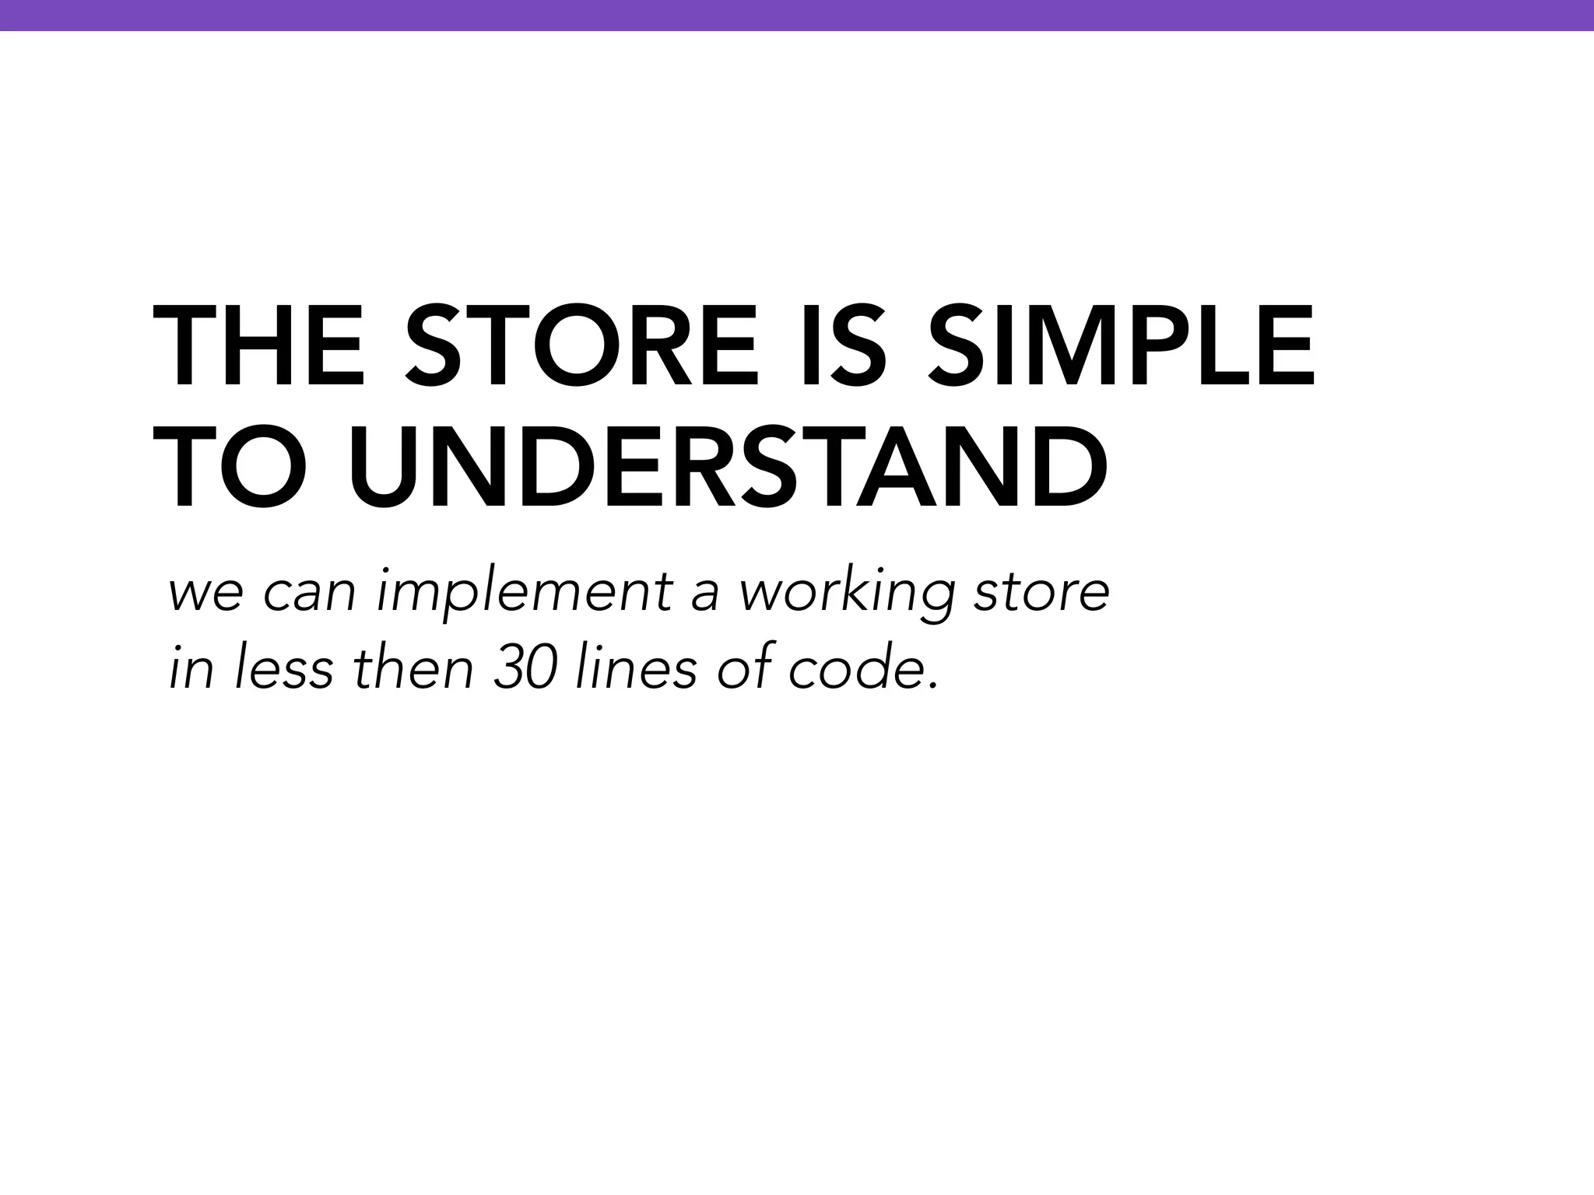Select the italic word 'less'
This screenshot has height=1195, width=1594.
point(283,668)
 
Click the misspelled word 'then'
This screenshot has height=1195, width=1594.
point(413,668)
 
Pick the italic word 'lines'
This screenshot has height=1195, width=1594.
point(635,668)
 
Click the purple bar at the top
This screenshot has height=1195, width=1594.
point(797,15)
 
